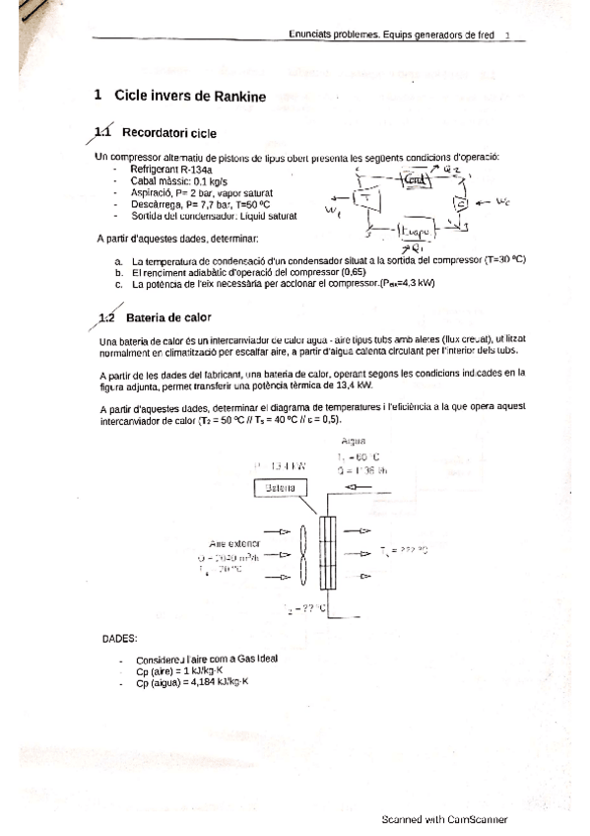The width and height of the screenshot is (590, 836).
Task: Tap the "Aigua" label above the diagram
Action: [352, 441]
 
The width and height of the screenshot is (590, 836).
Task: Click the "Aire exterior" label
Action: [234, 543]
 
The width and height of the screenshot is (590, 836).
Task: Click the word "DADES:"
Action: [119, 638]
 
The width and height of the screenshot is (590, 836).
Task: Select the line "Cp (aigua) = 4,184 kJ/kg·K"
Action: [193, 682]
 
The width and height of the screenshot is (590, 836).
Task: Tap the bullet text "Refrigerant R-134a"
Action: [175, 170]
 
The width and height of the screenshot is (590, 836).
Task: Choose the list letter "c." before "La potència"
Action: [119, 283]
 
